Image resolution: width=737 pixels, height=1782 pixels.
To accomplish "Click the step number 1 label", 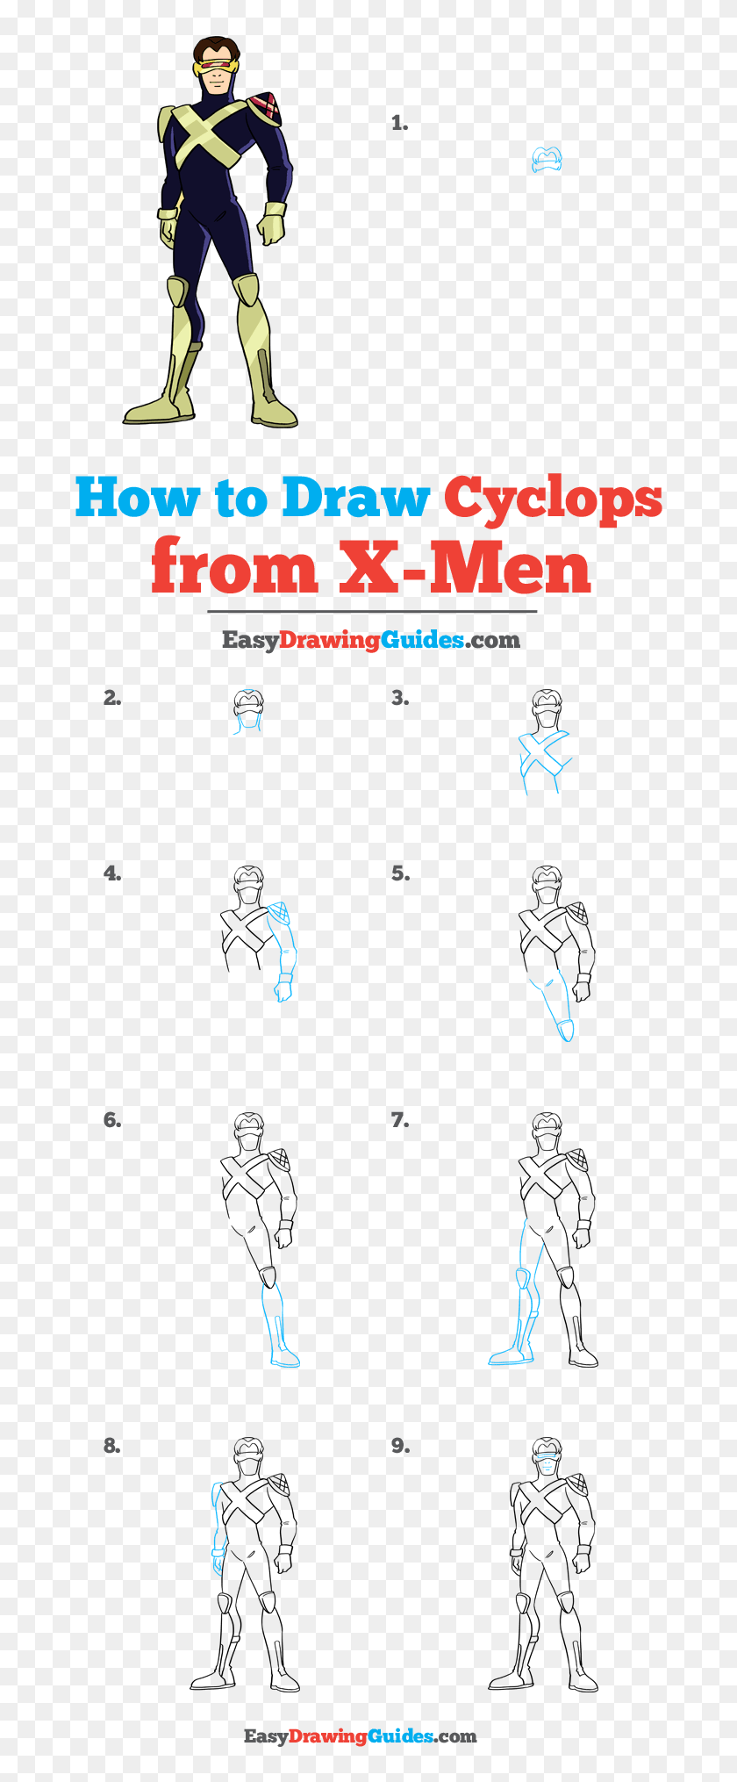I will (x=400, y=124).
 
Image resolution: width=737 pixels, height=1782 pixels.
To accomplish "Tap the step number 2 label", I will (x=111, y=698).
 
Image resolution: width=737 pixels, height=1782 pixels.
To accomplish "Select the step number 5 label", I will (x=400, y=873).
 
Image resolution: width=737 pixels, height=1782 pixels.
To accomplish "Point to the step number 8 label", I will (x=111, y=1445).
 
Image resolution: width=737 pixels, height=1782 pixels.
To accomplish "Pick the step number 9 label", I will (x=400, y=1445).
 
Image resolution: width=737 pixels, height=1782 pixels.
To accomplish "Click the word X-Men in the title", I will (x=465, y=569).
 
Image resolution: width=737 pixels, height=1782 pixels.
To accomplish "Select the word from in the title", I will (x=233, y=569).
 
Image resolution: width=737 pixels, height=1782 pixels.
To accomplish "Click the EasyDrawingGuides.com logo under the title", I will (x=370, y=640).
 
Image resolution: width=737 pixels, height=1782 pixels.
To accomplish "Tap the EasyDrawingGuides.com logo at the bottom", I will (x=360, y=1735).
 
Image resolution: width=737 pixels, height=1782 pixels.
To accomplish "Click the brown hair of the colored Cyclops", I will (x=216, y=46).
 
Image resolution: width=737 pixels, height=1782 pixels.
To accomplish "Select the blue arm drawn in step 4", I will (x=283, y=948).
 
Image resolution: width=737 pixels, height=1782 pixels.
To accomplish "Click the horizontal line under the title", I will (x=372, y=611).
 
